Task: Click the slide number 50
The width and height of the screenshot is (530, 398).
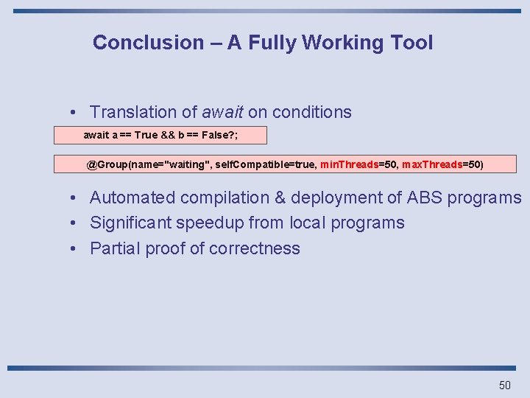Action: tap(504, 385)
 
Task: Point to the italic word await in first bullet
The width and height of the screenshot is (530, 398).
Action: tap(222, 113)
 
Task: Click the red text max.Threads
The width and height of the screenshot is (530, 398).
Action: tap(432, 164)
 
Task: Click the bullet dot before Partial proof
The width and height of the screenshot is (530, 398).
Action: tap(75, 248)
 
